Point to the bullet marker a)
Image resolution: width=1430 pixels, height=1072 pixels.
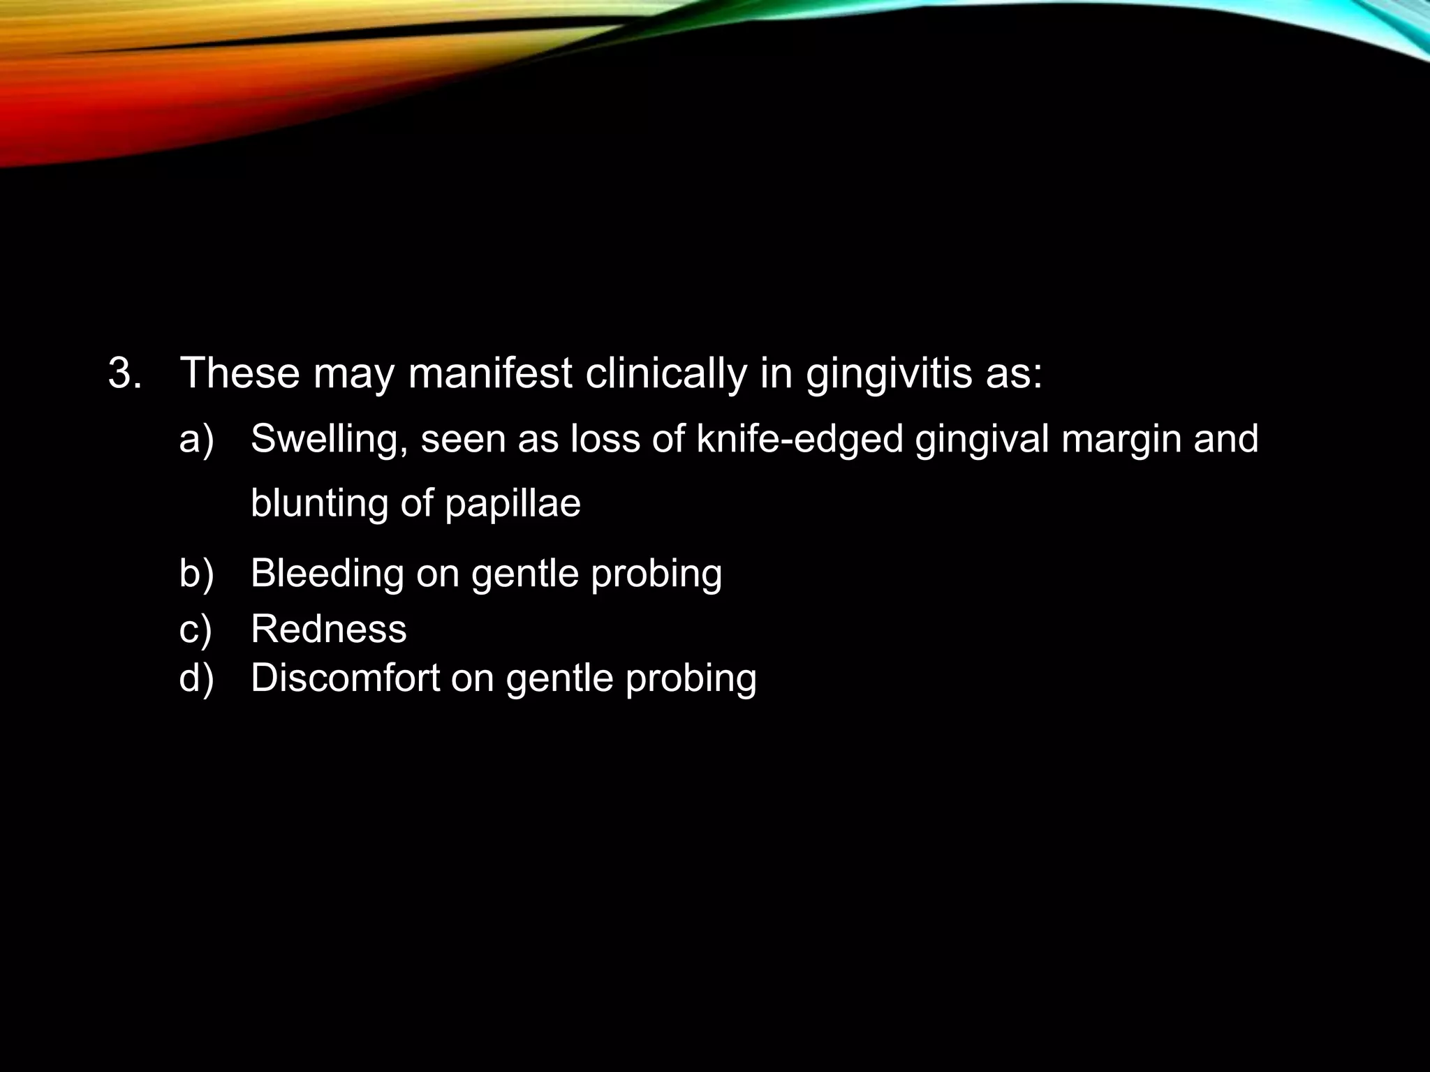pos(196,439)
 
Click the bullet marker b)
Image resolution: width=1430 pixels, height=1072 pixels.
pos(196,573)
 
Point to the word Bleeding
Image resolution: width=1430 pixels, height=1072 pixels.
pos(327,574)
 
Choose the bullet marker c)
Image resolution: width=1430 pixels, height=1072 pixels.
pos(196,629)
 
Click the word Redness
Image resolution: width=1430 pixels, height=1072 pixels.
pos(328,629)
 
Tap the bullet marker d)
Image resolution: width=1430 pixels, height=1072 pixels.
pos(196,678)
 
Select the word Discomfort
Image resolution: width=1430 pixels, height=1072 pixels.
pos(345,678)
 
